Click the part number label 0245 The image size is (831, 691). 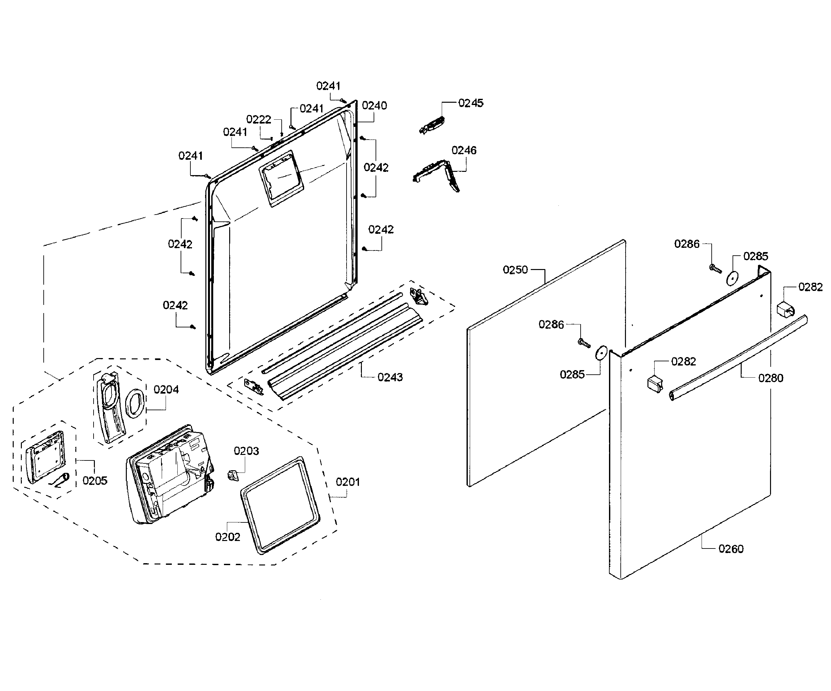tap(470, 103)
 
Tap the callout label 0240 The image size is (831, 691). tap(374, 106)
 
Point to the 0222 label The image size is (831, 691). tap(259, 120)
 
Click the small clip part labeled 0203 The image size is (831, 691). tap(233, 474)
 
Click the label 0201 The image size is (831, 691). tap(348, 482)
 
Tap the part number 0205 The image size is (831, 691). tap(95, 480)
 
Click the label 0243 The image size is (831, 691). tap(390, 377)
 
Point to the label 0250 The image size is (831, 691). tap(515, 270)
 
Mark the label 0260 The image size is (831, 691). tap(731, 549)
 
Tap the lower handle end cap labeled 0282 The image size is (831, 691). tap(655, 384)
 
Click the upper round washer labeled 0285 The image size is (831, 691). tap(733, 278)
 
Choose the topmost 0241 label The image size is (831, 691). tap(328, 86)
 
